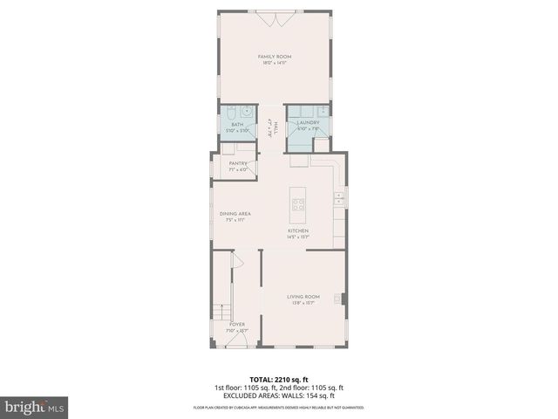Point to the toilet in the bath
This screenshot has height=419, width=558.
[x=228, y=113]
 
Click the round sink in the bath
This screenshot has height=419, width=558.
[x=247, y=111]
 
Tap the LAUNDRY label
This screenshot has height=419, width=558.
[x=309, y=123]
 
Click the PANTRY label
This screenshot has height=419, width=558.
[x=238, y=163]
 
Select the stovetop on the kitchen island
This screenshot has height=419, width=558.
[x=299, y=205]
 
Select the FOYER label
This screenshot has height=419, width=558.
[x=236, y=324]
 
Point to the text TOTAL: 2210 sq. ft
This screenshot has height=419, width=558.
[x=278, y=380]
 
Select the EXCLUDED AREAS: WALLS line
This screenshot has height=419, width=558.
[x=278, y=395]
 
